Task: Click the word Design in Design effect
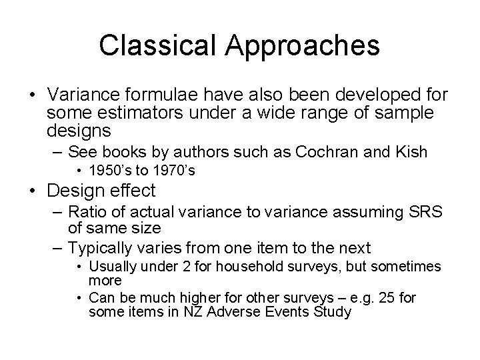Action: click(x=77, y=191)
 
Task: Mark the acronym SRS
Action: click(x=425, y=212)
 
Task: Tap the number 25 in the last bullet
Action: click(x=374, y=297)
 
